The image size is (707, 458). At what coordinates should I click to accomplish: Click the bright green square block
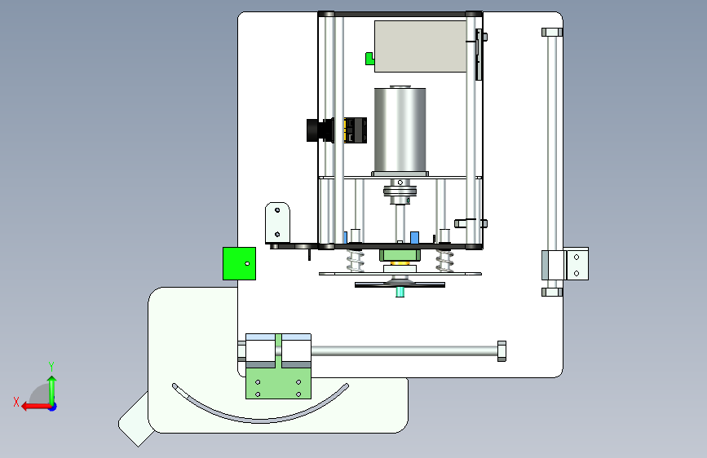[239, 263]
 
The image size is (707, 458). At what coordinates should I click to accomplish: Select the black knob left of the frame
[319, 129]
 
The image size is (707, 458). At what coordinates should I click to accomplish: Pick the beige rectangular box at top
[420, 46]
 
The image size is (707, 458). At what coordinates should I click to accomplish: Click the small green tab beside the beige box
[369, 58]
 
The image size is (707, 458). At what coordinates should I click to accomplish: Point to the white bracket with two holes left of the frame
[277, 222]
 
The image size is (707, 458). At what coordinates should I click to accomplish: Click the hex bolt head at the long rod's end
[501, 350]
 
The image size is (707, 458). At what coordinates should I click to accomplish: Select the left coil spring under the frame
[354, 261]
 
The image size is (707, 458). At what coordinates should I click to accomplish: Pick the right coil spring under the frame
[444, 261]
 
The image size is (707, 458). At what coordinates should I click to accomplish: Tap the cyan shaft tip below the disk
[400, 293]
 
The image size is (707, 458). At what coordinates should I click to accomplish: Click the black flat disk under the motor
[400, 284]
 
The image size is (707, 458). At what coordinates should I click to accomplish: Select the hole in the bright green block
[247, 263]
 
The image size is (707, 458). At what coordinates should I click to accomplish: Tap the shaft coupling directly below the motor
[400, 193]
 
